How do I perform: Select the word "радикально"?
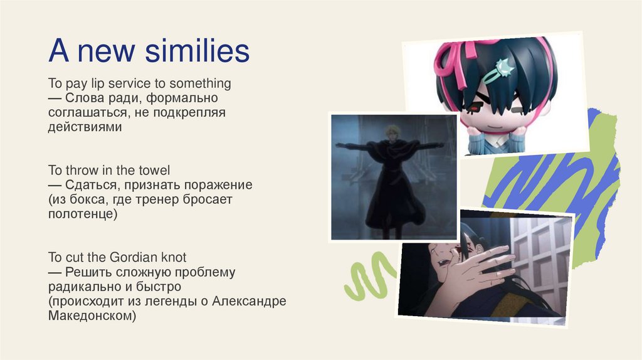coord(80,287)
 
